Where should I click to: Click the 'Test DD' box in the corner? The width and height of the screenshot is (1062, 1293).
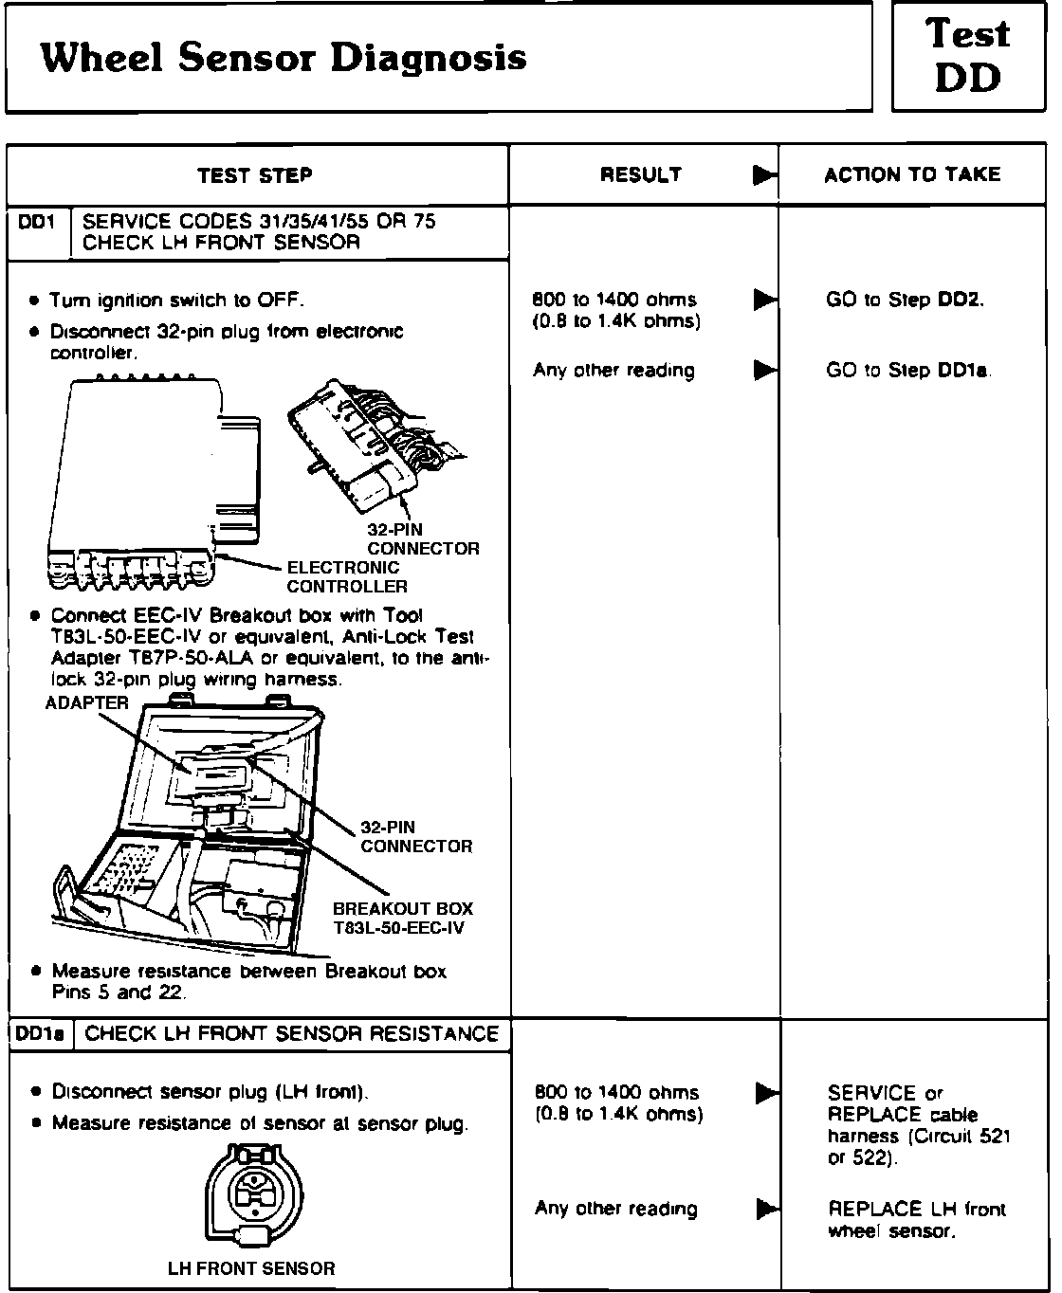click(x=970, y=57)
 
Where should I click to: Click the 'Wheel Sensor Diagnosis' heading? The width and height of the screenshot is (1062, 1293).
click(x=284, y=59)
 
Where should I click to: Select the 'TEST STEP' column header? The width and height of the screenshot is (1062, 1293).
click(x=255, y=175)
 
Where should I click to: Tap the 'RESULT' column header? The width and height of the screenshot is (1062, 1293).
click(x=641, y=174)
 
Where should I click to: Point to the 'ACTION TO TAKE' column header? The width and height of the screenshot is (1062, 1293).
click(x=912, y=174)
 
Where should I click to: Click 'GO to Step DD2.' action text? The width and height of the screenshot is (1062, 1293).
click(x=905, y=300)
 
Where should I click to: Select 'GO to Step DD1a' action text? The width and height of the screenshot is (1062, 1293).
click(x=908, y=371)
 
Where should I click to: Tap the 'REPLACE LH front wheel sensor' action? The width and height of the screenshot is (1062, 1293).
click(x=916, y=1220)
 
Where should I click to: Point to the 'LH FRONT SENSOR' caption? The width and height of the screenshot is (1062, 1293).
click(x=251, y=1268)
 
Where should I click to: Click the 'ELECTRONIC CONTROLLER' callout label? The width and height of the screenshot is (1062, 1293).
click(x=347, y=576)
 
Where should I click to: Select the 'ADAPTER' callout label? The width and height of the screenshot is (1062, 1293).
click(x=87, y=702)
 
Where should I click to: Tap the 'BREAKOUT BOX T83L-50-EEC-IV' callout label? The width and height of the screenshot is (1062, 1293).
click(x=402, y=918)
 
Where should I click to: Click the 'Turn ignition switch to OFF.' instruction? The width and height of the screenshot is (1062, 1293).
click(x=176, y=300)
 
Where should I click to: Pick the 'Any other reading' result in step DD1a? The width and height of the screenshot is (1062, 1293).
click(x=616, y=1209)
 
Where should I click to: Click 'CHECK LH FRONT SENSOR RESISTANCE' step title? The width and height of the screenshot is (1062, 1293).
click(x=292, y=1034)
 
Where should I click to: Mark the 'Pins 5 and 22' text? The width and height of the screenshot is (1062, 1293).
click(x=119, y=993)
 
